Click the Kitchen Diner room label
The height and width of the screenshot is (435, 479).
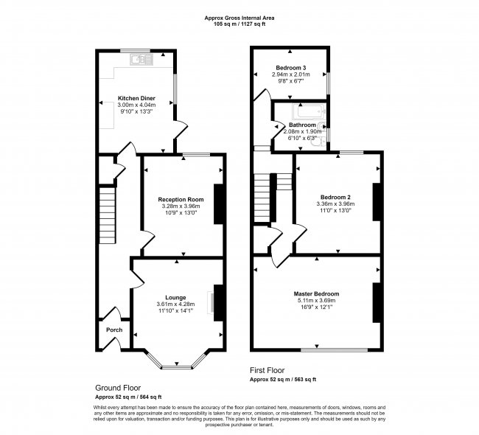[x=136, y=99]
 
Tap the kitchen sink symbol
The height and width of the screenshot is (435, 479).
[x=141, y=60]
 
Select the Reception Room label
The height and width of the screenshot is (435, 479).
[x=181, y=200]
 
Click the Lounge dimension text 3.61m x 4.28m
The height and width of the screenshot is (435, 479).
[x=175, y=304]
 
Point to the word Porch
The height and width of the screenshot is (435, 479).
[x=114, y=330]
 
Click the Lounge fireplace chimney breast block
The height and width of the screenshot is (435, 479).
[x=218, y=302]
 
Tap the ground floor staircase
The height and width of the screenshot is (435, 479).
[x=108, y=215]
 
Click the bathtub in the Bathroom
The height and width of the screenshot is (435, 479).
[x=308, y=111]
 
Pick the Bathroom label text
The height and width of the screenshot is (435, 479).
[x=302, y=125]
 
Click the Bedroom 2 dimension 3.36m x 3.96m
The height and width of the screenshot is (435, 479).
[x=335, y=204]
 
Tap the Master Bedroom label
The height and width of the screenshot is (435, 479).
[x=316, y=293]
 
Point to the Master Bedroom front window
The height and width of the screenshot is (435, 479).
[x=335, y=349]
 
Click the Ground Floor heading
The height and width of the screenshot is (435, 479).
[x=118, y=388]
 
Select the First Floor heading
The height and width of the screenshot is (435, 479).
[x=267, y=371]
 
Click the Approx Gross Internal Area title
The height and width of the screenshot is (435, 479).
[x=239, y=18]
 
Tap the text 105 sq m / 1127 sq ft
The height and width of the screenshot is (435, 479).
[x=239, y=24]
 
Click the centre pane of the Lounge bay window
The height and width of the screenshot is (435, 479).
[x=177, y=367]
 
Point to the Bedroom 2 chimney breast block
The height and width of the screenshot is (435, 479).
[x=377, y=202]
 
